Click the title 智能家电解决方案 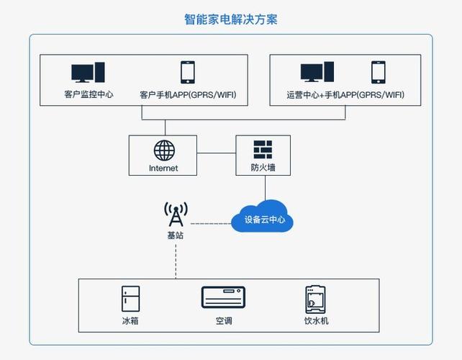(x=231, y=19)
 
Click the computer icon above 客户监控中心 (x=88, y=73)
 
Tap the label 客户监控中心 (x=88, y=94)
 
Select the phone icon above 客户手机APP (x=188, y=73)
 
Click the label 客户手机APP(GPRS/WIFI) (x=188, y=94)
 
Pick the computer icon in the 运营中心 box (x=317, y=73)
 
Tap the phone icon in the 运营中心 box (x=379, y=73)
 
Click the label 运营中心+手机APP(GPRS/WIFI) (x=345, y=94)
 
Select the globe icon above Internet (x=164, y=150)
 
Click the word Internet (x=163, y=168)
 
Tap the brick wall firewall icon (x=263, y=149)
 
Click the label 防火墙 (x=263, y=168)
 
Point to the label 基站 (x=176, y=235)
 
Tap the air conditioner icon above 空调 (x=223, y=297)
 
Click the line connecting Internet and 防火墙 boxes (x=217, y=153)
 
